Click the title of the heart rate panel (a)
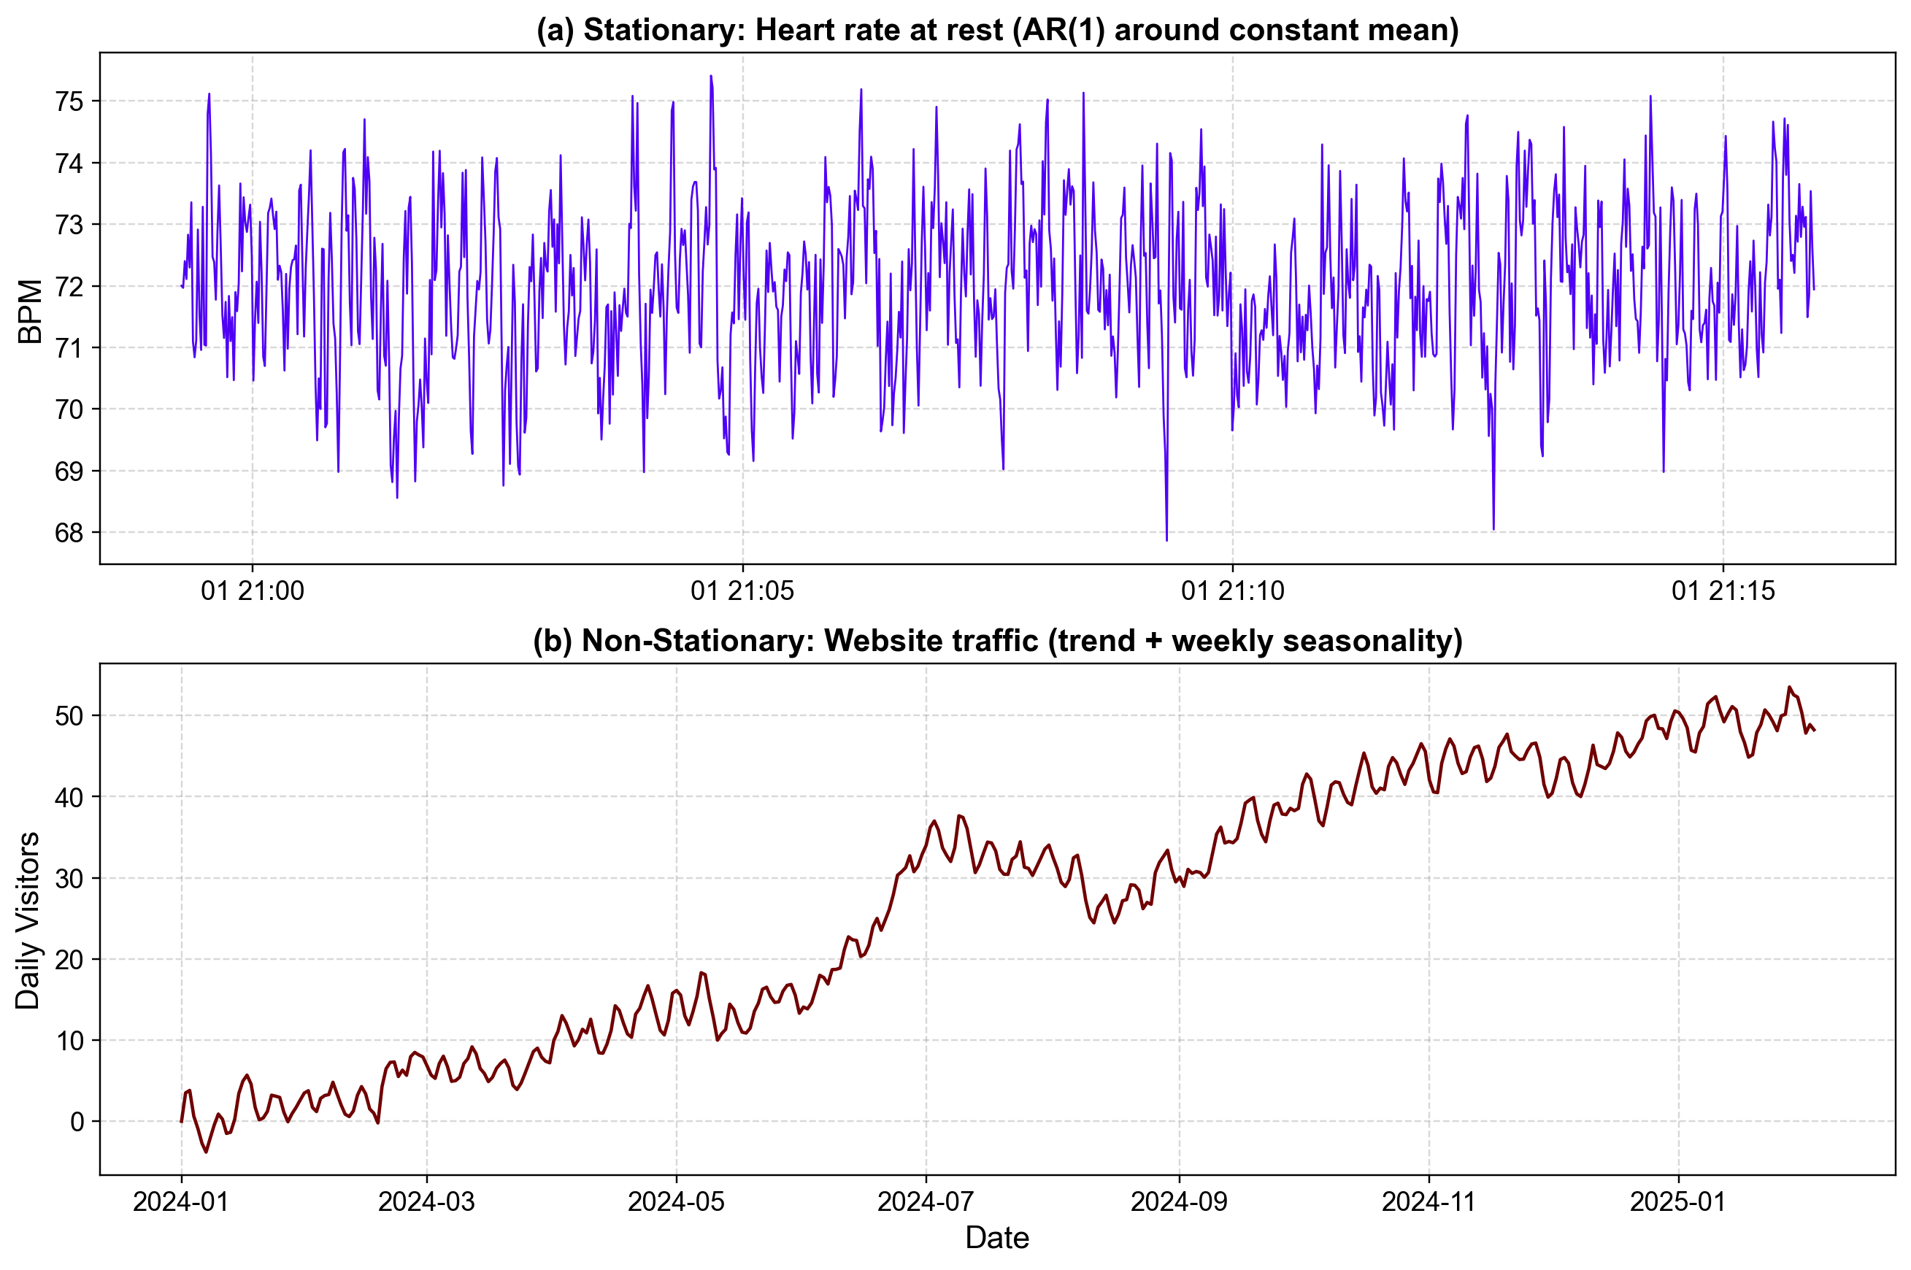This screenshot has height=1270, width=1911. tap(997, 30)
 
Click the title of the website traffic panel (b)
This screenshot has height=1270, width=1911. tap(997, 641)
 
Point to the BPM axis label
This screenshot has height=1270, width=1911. tap(30, 312)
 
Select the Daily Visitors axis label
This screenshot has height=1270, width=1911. tap(28, 920)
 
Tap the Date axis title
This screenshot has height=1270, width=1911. tap(997, 1238)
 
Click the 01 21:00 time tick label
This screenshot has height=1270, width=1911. tap(252, 591)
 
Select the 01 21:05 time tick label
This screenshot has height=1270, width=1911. tap(742, 591)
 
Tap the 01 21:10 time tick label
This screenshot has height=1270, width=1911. tap(1232, 591)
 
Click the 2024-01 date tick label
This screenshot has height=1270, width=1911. tap(182, 1201)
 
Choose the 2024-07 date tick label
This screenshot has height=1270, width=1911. tap(925, 1201)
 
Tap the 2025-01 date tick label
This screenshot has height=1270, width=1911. tap(1677, 1201)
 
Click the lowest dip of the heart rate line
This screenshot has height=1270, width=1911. tap(1166, 540)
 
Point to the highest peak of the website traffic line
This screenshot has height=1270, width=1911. tap(1790, 687)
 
